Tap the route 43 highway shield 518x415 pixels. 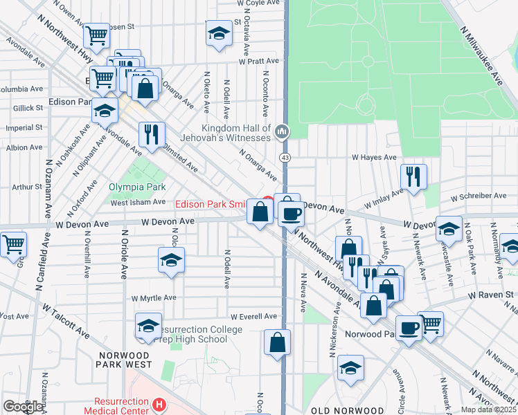[285, 158]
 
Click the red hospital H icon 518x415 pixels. [159, 405]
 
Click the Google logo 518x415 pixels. [23, 407]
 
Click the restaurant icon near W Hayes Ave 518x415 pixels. [413, 176]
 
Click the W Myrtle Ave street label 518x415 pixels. [154, 297]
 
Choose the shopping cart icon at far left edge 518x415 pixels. [13, 245]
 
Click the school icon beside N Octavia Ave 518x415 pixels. [218, 33]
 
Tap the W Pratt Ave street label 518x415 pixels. [258, 61]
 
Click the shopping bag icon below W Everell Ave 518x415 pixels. [277, 342]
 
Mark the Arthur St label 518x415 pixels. [27, 187]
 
